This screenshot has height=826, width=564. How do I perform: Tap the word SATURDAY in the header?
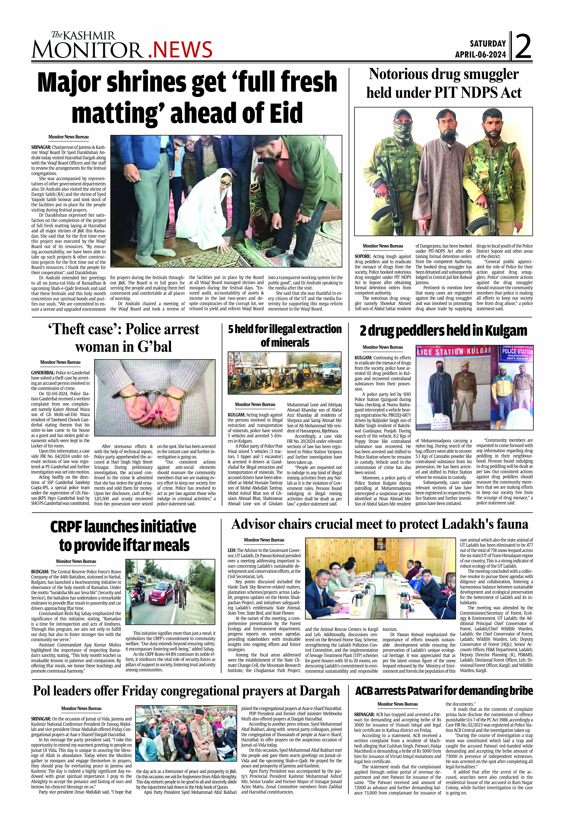[x=488, y=44]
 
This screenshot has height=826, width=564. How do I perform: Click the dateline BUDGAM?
[x=40, y=571]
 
